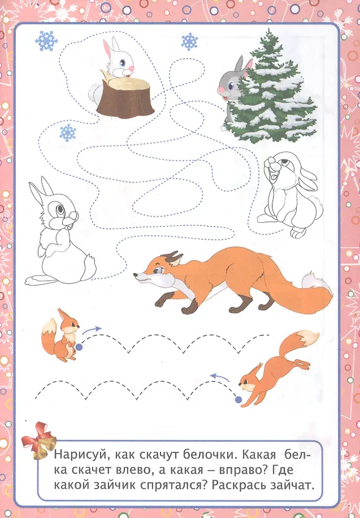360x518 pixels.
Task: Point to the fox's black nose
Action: point(135,275)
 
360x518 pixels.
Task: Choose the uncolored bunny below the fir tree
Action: point(290,195)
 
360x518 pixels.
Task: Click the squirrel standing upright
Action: point(61,336)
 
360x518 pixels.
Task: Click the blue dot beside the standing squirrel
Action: point(79,347)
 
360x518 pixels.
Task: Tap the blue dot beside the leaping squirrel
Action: point(238,400)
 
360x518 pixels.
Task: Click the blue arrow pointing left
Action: point(220,377)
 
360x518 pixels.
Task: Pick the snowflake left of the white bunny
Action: point(47,41)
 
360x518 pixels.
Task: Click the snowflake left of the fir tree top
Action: point(189,41)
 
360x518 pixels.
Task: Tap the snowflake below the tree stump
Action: point(68,133)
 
